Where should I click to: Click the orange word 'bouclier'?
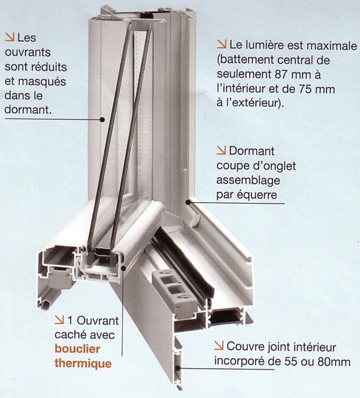point(78,349)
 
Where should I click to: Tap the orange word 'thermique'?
point(83,364)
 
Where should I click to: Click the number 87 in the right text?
point(280,74)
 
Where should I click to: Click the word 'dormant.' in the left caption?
point(28,109)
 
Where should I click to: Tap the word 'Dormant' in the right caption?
point(252,151)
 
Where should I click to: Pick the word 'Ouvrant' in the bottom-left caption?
point(97,321)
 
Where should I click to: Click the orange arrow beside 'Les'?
point(10,37)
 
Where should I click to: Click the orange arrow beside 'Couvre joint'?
point(219,346)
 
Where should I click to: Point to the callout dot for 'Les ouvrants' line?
point(102,119)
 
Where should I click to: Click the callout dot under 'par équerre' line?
point(188,202)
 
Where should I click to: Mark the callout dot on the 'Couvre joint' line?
point(178,367)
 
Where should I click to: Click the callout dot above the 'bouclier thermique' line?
point(123,267)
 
